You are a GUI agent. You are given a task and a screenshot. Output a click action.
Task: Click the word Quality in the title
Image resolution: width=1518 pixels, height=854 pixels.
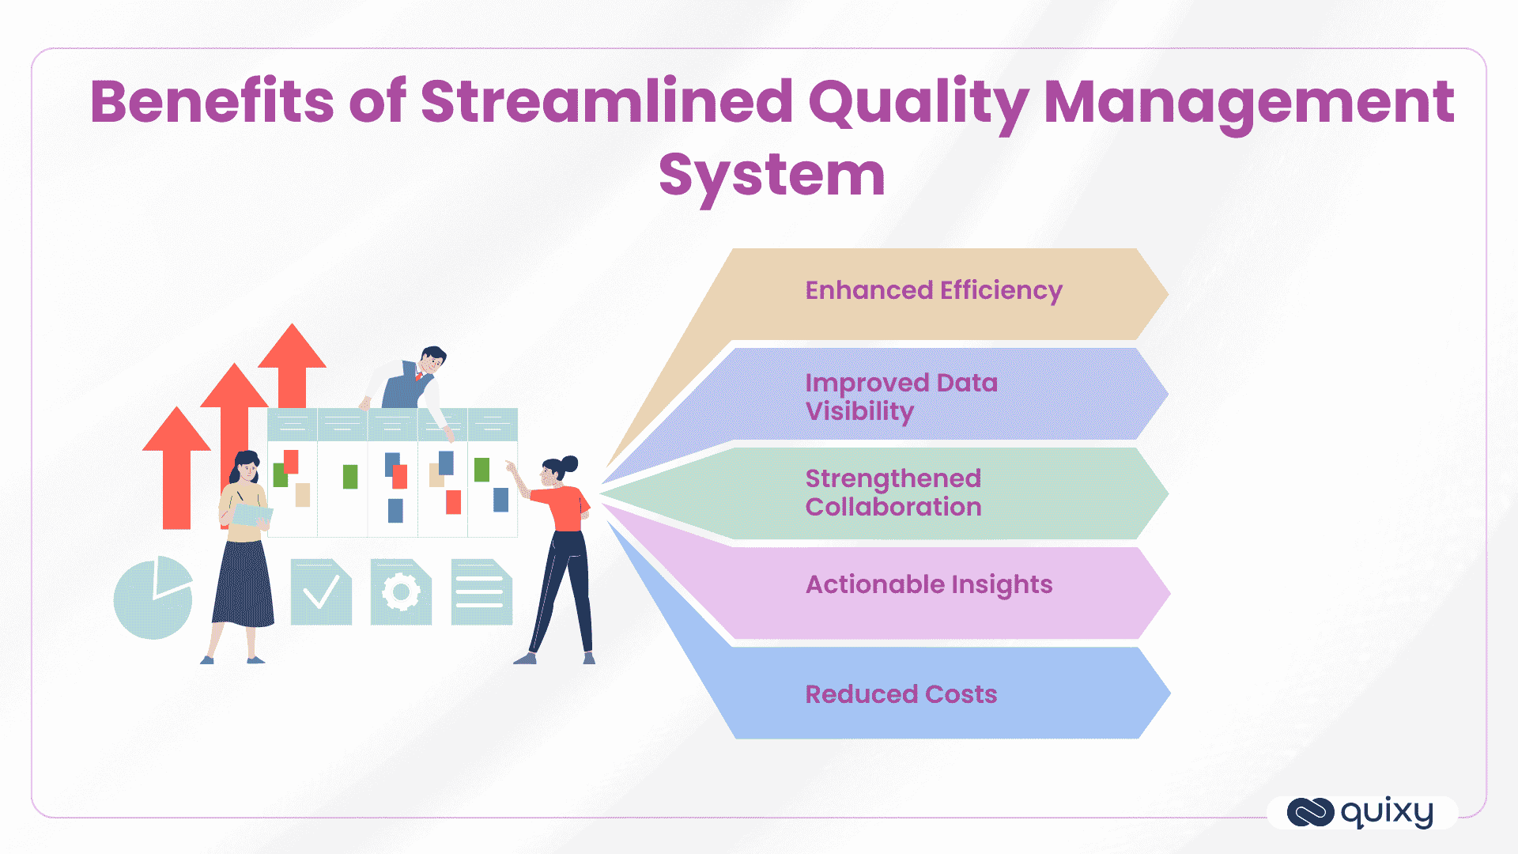(917, 103)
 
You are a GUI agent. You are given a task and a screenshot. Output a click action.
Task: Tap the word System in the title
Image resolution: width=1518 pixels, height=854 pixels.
(772, 176)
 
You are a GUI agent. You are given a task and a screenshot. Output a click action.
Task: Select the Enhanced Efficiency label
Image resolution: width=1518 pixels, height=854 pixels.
(933, 290)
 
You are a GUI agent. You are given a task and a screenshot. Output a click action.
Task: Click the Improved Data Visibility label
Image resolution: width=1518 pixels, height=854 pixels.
(901, 397)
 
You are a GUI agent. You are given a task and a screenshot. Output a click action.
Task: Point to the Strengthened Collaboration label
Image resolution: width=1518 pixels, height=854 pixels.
(893, 493)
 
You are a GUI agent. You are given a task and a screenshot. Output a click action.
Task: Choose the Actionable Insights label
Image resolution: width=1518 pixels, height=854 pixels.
(929, 584)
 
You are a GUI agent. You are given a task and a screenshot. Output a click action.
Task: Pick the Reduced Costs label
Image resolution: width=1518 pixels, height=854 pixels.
(901, 694)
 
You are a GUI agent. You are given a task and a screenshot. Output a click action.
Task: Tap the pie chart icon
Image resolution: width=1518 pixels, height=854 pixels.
(153, 598)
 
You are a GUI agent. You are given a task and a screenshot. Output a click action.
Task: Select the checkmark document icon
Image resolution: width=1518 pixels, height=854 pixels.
(321, 592)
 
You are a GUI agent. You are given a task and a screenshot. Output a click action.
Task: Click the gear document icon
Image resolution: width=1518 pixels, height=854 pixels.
(401, 592)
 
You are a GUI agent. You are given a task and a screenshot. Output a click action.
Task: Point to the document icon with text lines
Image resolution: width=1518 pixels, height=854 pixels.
(481, 592)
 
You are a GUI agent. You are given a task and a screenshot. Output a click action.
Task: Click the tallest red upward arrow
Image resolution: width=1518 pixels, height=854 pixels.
(292, 364)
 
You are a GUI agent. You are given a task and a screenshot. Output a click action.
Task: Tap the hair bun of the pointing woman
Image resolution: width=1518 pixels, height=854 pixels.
(569, 463)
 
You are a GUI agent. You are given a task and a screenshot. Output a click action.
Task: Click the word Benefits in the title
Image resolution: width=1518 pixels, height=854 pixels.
(212, 103)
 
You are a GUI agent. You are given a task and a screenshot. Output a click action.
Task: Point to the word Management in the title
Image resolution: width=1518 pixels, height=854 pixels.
(1249, 103)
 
